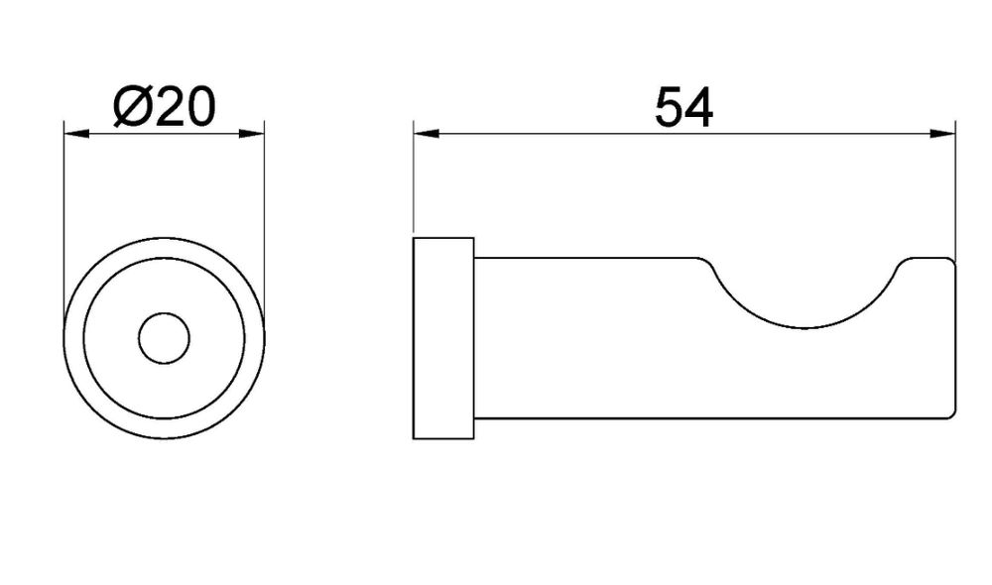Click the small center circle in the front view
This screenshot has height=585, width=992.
(164, 338)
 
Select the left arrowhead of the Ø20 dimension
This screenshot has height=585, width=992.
(76, 134)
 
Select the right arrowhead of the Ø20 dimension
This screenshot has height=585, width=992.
(252, 134)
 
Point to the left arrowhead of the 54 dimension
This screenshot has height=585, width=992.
(426, 134)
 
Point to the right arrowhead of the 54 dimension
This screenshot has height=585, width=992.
(942, 134)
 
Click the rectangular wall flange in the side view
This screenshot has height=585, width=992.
(443, 338)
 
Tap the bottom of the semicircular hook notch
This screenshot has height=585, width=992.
(805, 328)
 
